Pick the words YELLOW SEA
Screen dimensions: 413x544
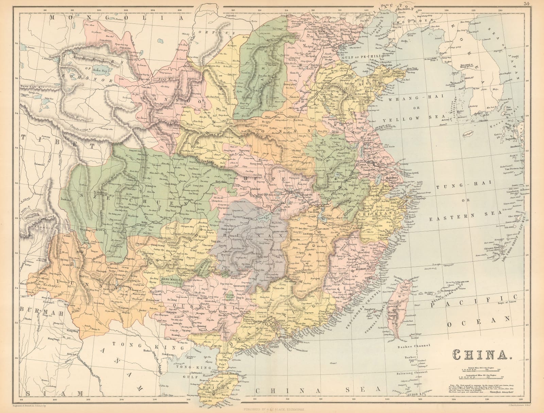404,119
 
